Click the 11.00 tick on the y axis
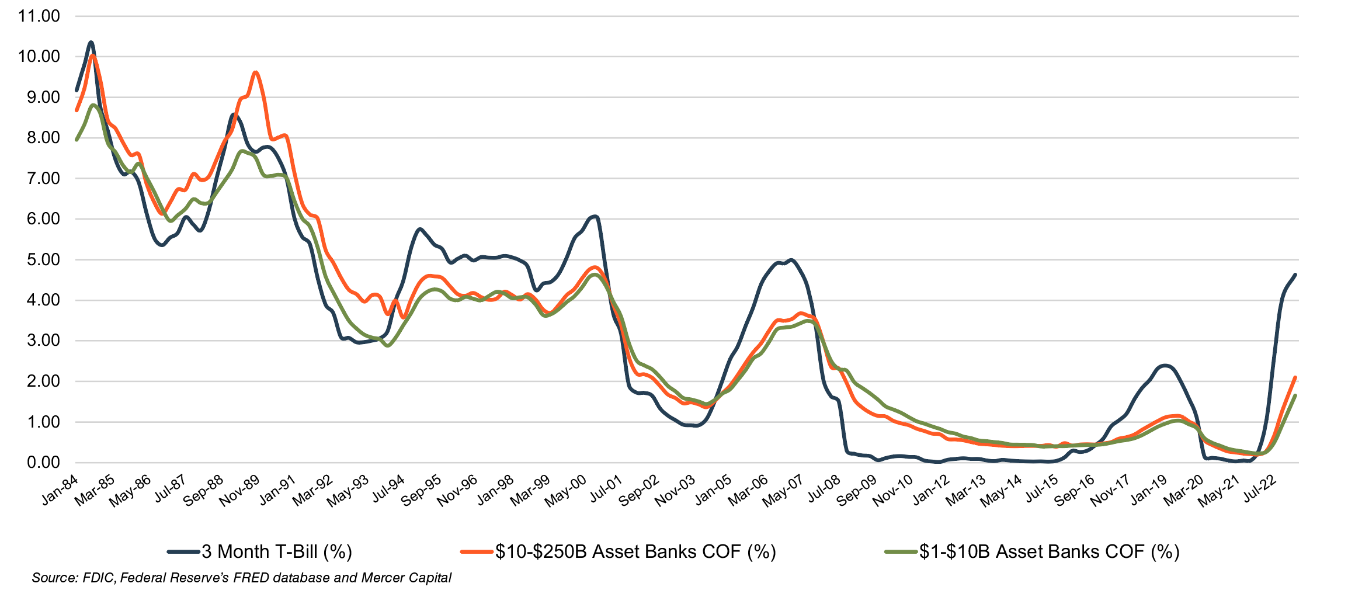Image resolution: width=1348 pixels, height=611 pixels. (39, 16)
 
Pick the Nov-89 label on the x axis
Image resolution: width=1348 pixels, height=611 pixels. (239, 490)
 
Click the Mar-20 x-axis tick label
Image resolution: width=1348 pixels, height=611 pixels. (1183, 490)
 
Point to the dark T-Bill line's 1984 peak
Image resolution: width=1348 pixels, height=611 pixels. (91, 43)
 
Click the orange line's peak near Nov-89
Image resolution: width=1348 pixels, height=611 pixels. (256, 72)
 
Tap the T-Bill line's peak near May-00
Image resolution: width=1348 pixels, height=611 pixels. (595, 217)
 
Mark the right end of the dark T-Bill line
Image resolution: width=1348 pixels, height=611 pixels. (1295, 275)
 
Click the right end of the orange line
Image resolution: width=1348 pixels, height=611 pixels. (1295, 377)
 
